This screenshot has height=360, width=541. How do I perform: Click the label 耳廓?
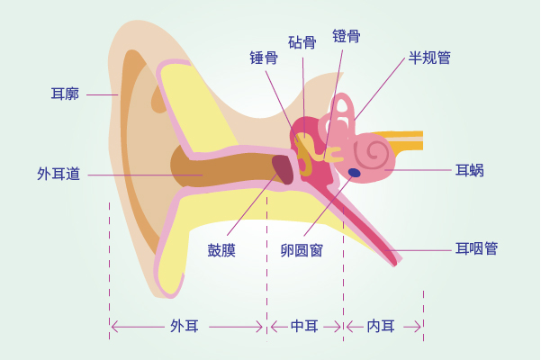tap(65, 94)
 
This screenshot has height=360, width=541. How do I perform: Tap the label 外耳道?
tap(59, 174)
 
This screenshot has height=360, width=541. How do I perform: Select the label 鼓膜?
tap(221, 251)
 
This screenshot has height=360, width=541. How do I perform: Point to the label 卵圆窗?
tap(302, 251)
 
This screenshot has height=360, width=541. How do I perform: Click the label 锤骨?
tap(264, 58)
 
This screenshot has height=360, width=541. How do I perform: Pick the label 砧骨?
tap(302, 42)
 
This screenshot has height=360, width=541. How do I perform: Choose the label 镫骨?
tap(347, 36)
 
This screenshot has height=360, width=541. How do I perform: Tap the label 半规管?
tap(429, 58)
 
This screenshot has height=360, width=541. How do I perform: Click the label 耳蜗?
tap(470, 170)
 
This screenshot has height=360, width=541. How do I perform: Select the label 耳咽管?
tap(476, 248)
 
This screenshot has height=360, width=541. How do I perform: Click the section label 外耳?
tap(185, 326)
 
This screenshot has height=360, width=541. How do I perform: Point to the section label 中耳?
tap(304, 326)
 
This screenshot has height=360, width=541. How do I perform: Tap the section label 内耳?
tap(381, 326)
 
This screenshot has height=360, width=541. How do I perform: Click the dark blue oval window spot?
tap(354, 173)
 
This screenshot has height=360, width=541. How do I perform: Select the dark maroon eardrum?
tap(283, 170)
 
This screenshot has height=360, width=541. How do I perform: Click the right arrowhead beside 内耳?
tap(417, 327)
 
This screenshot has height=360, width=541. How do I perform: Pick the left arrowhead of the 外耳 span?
tap(115, 327)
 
